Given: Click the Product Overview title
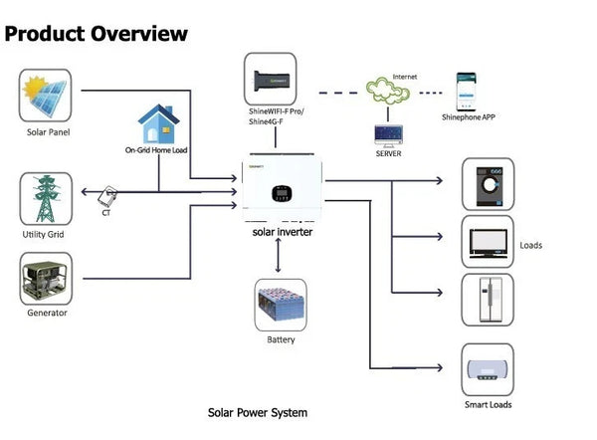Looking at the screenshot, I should pyautogui.click(x=96, y=34).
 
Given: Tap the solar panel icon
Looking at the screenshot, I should pyautogui.click(x=45, y=96).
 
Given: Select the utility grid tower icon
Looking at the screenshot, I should pyautogui.click(x=45, y=199).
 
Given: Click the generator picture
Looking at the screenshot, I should pyautogui.click(x=46, y=278).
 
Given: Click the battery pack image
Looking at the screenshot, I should pyautogui.click(x=280, y=306).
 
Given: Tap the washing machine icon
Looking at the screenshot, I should pyautogui.click(x=488, y=183).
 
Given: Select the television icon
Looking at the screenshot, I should pyautogui.click(x=488, y=242).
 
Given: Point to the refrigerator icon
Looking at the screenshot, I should pyautogui.click(x=488, y=300).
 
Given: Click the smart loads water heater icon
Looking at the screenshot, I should pyautogui.click(x=488, y=369).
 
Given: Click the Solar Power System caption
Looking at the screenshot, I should pyautogui.click(x=258, y=412).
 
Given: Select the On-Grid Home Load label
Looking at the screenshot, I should pyautogui.click(x=156, y=151).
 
